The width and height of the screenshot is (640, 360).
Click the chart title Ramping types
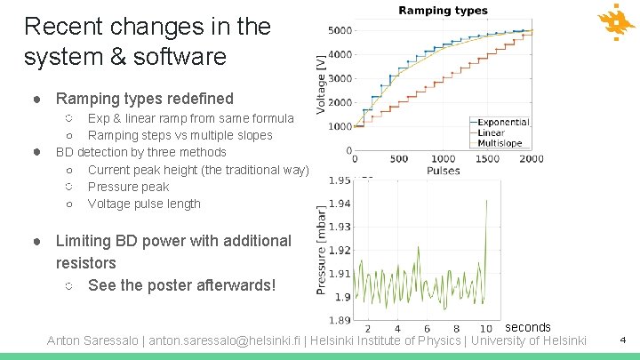(x=442, y=11)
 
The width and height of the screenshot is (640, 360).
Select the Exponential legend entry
(x=503, y=122)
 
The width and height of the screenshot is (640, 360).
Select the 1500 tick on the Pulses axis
(x=488, y=159)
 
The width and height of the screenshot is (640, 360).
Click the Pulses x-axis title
(x=443, y=169)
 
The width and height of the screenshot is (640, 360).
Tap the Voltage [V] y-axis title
(x=321, y=78)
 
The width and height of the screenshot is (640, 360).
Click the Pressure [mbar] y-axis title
(x=321, y=250)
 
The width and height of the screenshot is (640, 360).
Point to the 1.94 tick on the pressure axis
(x=339, y=204)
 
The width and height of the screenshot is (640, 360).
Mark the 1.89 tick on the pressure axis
(x=339, y=320)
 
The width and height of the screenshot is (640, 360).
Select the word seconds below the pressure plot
(x=528, y=327)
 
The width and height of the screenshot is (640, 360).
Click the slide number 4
(x=622, y=340)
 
